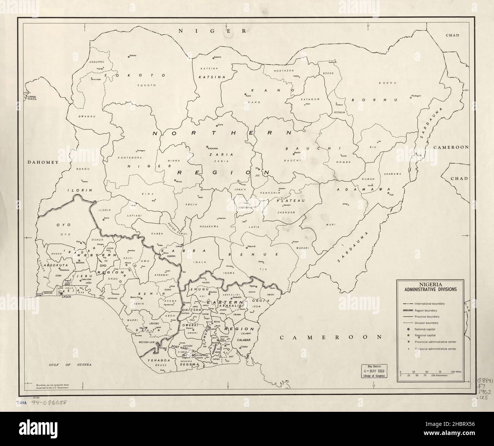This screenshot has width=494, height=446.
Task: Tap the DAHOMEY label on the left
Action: (43, 162)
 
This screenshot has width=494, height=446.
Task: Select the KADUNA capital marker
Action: (207, 147)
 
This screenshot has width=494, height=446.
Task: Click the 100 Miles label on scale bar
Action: (456, 370)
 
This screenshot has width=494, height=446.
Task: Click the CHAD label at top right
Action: (452, 35)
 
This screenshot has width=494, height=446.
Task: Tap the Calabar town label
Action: (244, 347)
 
